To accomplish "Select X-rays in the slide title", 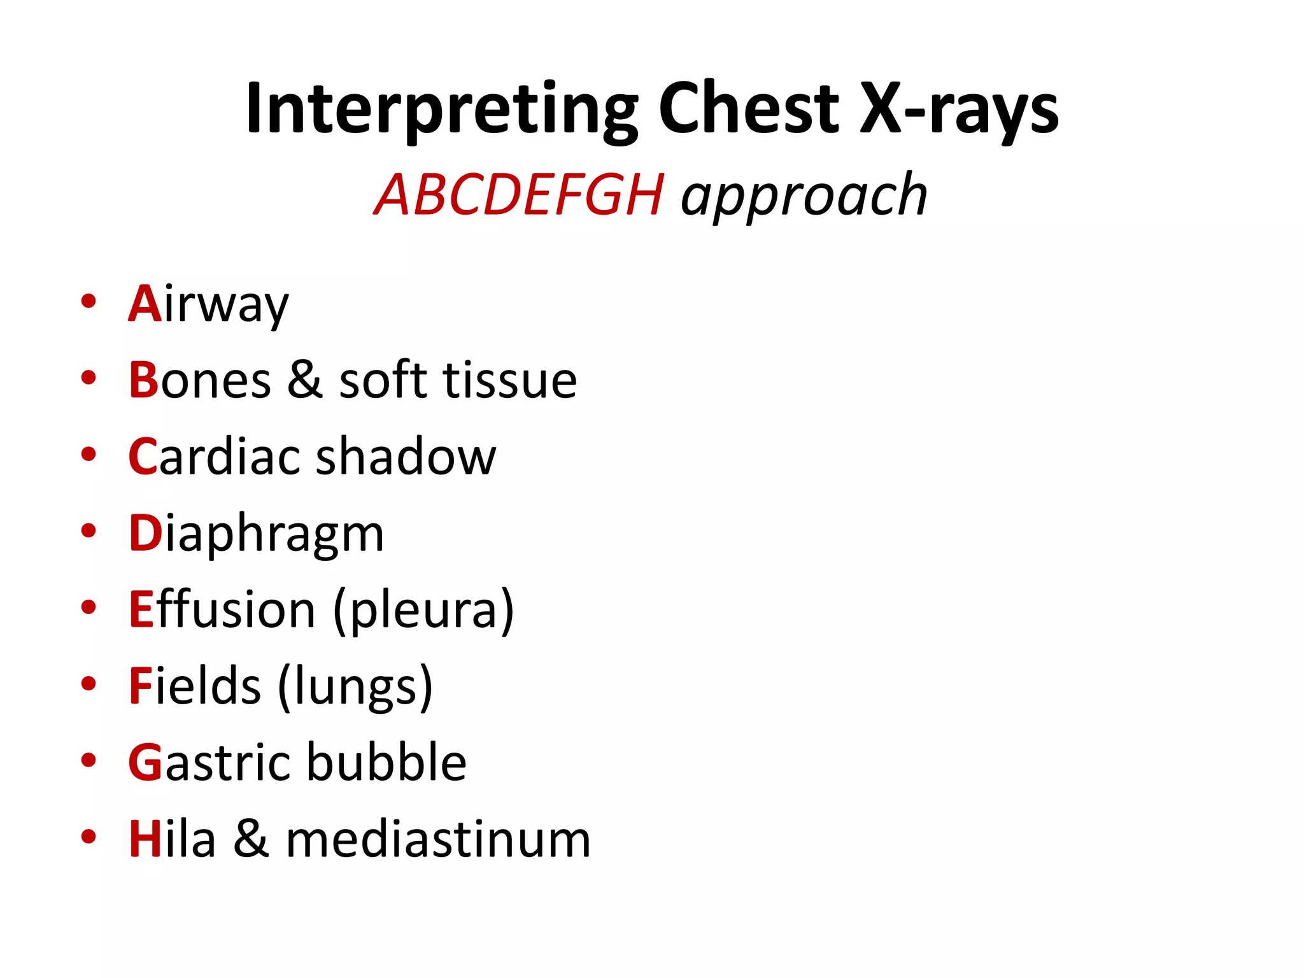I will point(960,110).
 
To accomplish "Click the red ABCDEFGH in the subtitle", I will point(519,195).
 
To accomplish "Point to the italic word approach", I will point(804,197).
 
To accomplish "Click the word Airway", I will point(209,304).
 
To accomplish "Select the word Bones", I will point(200,381).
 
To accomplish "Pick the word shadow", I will point(406,457).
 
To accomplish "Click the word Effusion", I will point(222,609).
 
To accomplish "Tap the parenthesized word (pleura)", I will point(423,611).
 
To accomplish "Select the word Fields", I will point(194,686).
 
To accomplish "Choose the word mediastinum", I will point(439,839).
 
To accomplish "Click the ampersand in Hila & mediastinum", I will point(250,839).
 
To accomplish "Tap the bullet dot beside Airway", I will point(89,301).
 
